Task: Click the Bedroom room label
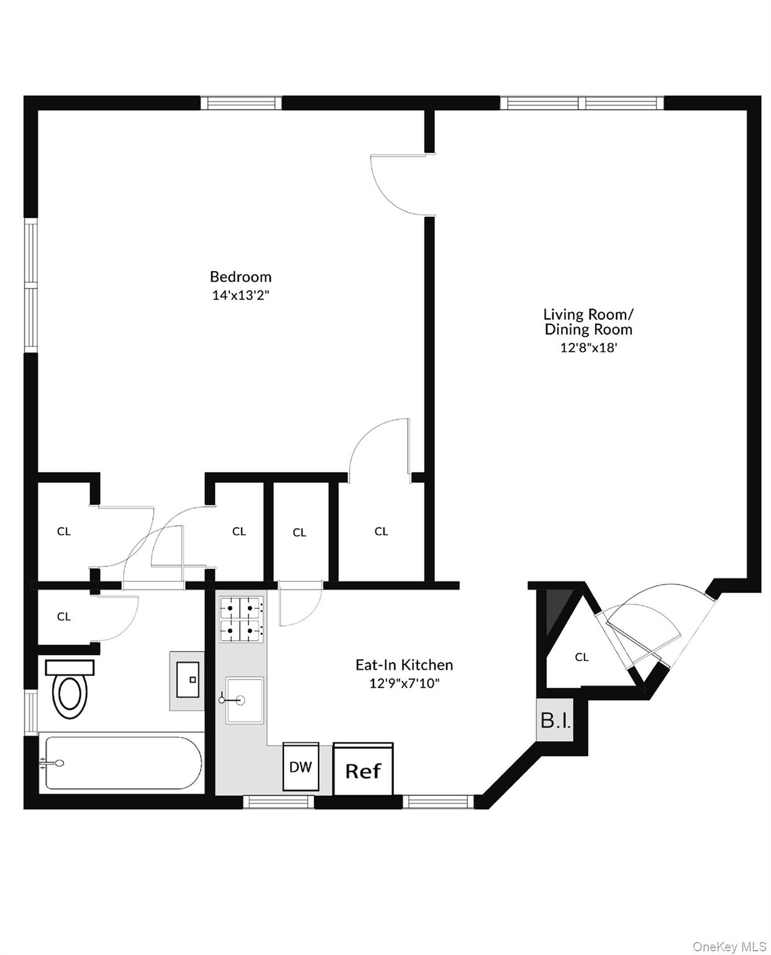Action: [x=240, y=277]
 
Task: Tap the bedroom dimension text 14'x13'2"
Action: [x=240, y=295]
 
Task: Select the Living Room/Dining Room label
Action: [x=588, y=322]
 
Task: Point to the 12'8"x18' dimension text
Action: [x=588, y=348]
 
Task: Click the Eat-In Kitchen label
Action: [x=404, y=665]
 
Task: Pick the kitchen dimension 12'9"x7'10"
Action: [x=404, y=684]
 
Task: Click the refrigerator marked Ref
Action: [x=363, y=770]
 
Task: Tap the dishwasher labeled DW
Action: [x=301, y=767]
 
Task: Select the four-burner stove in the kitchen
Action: [x=241, y=619]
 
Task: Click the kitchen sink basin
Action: [x=245, y=701]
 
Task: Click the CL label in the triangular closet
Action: [x=582, y=657]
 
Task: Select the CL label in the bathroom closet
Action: [x=63, y=617]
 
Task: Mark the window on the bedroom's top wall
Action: [x=240, y=103]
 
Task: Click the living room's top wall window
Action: [x=582, y=103]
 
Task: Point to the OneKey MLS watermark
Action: [x=729, y=947]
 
